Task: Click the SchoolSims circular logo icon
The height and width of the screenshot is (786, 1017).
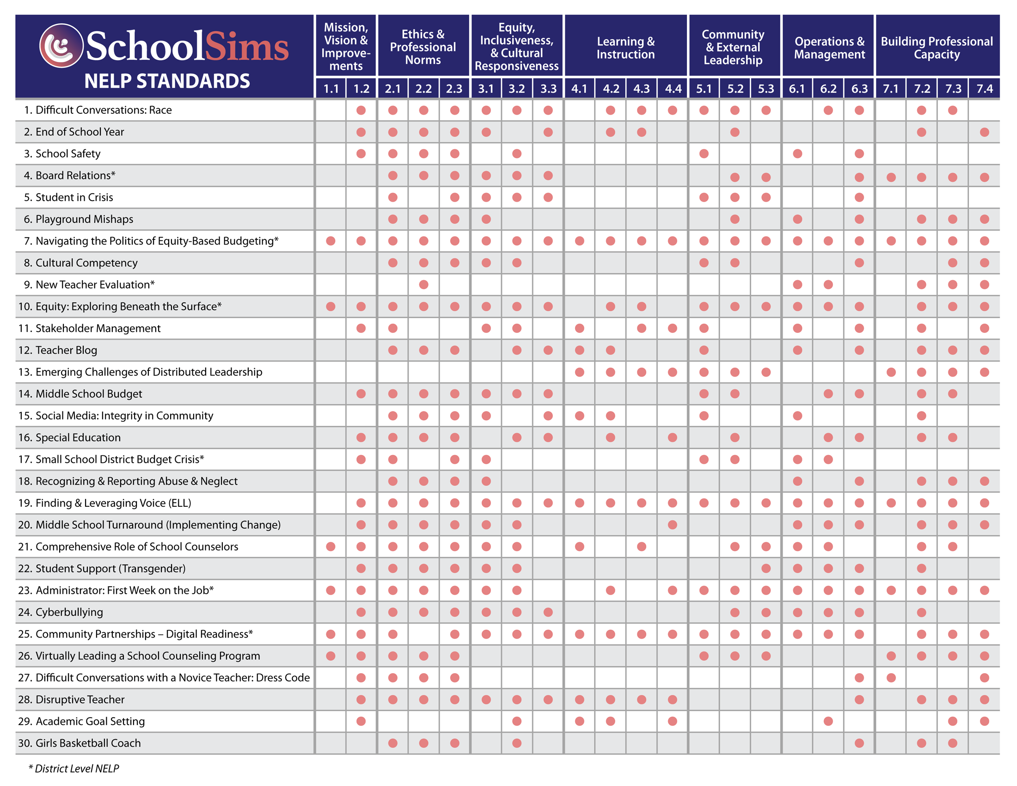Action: pyautogui.click(x=61, y=46)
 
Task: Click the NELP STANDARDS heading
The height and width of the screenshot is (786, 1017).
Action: pyautogui.click(x=167, y=81)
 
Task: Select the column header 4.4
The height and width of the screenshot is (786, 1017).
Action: pyautogui.click(x=673, y=88)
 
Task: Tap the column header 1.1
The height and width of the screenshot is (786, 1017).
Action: pyautogui.click(x=331, y=88)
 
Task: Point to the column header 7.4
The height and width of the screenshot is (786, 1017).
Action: pyautogui.click(x=984, y=88)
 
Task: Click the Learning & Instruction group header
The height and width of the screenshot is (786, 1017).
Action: pyautogui.click(x=625, y=48)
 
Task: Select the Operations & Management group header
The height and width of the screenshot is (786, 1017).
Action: pyautogui.click(x=829, y=48)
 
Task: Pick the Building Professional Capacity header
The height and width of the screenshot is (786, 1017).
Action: pyautogui.click(x=937, y=48)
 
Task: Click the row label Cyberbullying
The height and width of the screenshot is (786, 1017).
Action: pyautogui.click(x=69, y=612)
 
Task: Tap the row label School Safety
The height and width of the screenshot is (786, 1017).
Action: pyautogui.click(x=67, y=154)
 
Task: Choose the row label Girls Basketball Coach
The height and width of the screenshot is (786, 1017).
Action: pyautogui.click(x=88, y=743)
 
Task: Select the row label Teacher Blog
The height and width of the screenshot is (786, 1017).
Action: pyautogui.click(x=66, y=350)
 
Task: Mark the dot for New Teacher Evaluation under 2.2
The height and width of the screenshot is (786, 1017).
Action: pyautogui.click(x=423, y=284)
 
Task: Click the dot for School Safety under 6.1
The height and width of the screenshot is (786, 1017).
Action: pyautogui.click(x=797, y=154)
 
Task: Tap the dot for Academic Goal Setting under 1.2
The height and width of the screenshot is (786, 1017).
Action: pyautogui.click(x=361, y=721)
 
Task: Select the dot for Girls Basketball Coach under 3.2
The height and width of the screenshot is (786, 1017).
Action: pyautogui.click(x=516, y=743)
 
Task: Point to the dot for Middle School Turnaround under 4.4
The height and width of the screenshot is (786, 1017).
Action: pyautogui.click(x=673, y=525)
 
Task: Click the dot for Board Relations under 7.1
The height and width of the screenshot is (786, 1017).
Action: pyautogui.click(x=891, y=177)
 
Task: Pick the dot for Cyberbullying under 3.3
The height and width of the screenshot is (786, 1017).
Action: pyautogui.click(x=548, y=612)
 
